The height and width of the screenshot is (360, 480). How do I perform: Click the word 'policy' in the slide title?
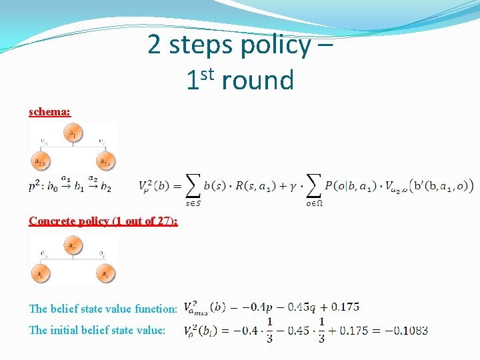point(275,45)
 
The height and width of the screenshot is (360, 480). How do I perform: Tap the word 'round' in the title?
point(257,81)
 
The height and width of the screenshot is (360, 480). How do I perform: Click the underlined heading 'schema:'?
point(49,111)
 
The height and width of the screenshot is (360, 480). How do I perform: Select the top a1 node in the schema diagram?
point(73,133)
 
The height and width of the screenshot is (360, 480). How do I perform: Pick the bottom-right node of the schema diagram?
point(105,161)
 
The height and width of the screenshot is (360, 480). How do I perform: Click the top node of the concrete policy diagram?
point(73,247)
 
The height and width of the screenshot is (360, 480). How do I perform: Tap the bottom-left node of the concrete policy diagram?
point(41,273)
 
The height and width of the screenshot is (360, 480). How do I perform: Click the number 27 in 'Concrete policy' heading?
point(165,221)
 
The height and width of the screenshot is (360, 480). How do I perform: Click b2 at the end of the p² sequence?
point(105,187)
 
